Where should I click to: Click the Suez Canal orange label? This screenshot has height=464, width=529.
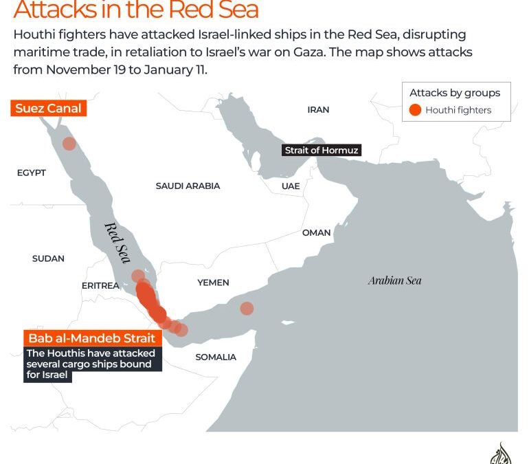pos(48,109)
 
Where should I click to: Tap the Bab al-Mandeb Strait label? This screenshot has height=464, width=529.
pos(91,338)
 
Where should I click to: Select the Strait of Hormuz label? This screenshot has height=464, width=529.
pos(322,151)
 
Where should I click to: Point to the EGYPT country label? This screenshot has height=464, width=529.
pos(32,173)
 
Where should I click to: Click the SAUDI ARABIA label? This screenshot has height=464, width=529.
pos(188,186)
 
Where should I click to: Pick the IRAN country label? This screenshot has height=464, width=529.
pos(318,109)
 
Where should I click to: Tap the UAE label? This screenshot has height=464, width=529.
pos(290,186)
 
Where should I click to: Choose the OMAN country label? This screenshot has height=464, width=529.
pos(316,233)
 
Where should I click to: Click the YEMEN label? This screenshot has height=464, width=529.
pos(213,283)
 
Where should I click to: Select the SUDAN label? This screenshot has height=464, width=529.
pos(48,258)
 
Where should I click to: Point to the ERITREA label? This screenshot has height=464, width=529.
pos(100,286)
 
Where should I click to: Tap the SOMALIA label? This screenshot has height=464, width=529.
pos(216,357)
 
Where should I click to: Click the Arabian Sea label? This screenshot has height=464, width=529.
pos(394,280)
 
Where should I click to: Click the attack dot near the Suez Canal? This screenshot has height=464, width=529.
pos(69,144)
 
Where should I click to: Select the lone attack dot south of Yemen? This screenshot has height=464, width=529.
pos(247,309)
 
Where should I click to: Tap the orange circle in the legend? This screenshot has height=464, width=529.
pos(415,110)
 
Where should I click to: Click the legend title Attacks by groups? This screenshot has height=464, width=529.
pos(455,93)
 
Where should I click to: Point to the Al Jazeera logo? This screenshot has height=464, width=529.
pos(502,454)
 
